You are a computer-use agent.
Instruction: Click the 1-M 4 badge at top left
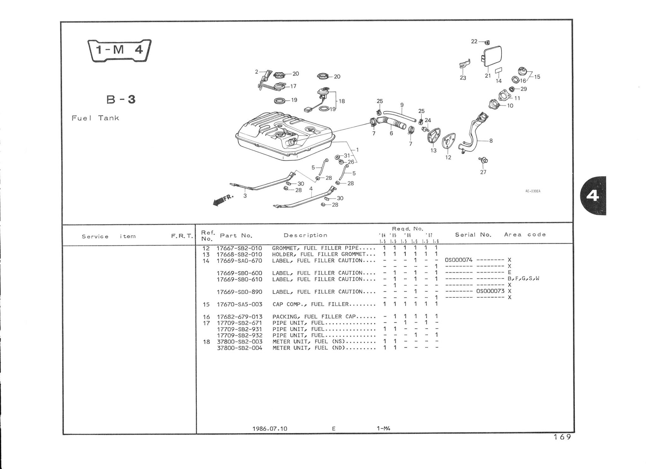[x=119, y=50]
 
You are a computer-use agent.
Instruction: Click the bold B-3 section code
[x=121, y=100]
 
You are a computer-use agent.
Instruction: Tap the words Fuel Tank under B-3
[x=95, y=118]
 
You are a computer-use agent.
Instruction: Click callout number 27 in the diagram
[x=483, y=172]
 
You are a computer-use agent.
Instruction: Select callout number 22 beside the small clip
[x=474, y=41]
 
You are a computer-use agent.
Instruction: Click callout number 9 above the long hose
[x=402, y=105]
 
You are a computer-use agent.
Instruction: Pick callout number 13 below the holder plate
[x=433, y=151]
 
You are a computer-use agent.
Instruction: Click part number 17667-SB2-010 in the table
[x=239, y=248]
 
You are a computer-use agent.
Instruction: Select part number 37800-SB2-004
[x=240, y=348]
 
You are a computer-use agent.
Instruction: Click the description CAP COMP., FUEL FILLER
[x=311, y=304]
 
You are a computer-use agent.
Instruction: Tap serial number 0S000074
[x=459, y=260]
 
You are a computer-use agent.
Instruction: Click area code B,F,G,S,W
[x=524, y=279]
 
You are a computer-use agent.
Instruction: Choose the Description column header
[x=305, y=235]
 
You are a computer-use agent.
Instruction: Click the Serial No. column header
[x=473, y=235]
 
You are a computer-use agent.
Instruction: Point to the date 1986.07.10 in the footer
[x=270, y=429]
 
